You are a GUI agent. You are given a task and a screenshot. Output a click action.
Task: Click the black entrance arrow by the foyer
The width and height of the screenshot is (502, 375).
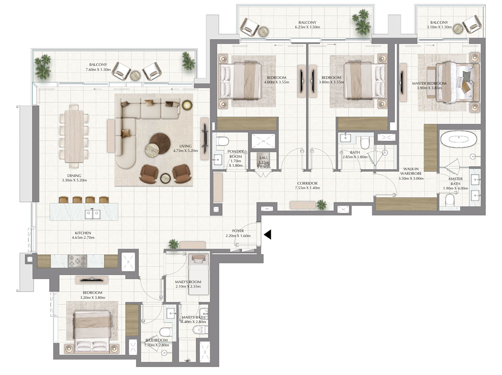pyautogui.click(x=268, y=234)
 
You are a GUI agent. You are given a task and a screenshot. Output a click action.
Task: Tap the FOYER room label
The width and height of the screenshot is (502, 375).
pyautogui.click(x=238, y=231)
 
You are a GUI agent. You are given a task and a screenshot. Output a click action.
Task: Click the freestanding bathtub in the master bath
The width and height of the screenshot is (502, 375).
pyautogui.click(x=458, y=140)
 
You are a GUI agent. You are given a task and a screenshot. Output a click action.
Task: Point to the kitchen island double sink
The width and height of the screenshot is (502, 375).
pyautogui.click(x=93, y=214)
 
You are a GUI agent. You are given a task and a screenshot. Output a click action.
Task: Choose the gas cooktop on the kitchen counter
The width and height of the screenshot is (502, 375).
pyautogui.click(x=77, y=261)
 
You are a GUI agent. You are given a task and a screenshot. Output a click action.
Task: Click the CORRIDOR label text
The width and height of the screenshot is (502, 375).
pyautogui.click(x=307, y=183)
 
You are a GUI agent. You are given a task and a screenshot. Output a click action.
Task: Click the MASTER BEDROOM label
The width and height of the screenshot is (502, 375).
pyautogui.click(x=429, y=83)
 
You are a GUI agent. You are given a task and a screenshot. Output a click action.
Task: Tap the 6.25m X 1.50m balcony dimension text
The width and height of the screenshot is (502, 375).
pyautogui.click(x=307, y=27)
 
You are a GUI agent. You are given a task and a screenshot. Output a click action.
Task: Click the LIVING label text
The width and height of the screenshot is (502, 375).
pyautogui.click(x=185, y=146)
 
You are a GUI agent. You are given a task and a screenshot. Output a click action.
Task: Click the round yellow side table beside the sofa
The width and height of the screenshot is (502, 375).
pyautogui.click(x=187, y=105)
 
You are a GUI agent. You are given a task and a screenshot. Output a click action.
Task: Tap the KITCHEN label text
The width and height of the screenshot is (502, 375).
pyautogui.click(x=83, y=233)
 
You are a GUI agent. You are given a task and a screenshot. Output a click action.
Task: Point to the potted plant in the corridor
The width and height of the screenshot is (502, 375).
pyautogui.click(x=321, y=204)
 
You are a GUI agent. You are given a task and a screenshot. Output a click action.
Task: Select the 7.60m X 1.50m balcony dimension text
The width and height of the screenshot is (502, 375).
pyautogui.click(x=98, y=69)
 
